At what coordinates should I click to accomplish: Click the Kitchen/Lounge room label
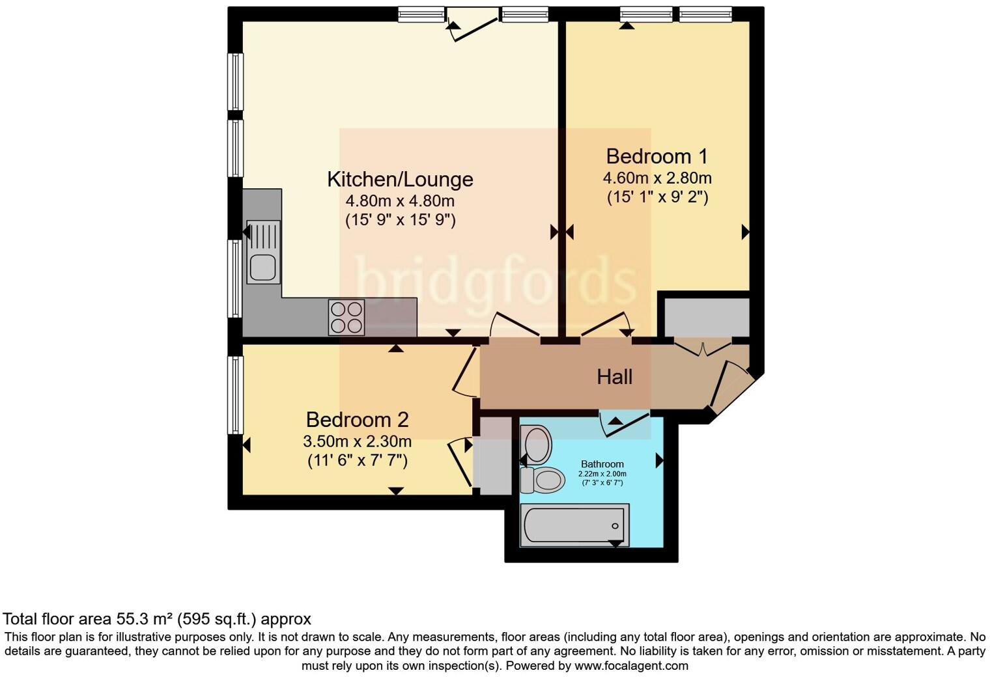[400, 179]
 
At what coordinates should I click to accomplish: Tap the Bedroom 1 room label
[657, 156]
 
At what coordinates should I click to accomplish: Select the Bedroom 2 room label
[357, 419]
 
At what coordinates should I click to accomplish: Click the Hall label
[614, 377]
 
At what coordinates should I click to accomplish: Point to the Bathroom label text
[602, 464]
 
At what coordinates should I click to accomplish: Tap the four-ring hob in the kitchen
[346, 317]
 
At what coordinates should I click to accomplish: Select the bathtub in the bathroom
[574, 525]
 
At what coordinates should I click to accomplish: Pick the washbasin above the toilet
[537, 444]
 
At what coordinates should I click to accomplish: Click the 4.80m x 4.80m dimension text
[400, 200]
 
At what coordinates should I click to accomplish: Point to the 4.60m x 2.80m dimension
[657, 178]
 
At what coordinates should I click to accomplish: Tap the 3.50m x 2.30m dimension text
[357, 441]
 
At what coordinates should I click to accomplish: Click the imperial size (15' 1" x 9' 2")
[657, 197]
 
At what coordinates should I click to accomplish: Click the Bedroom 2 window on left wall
[235, 394]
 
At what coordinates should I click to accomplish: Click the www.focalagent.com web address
[631, 665]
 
